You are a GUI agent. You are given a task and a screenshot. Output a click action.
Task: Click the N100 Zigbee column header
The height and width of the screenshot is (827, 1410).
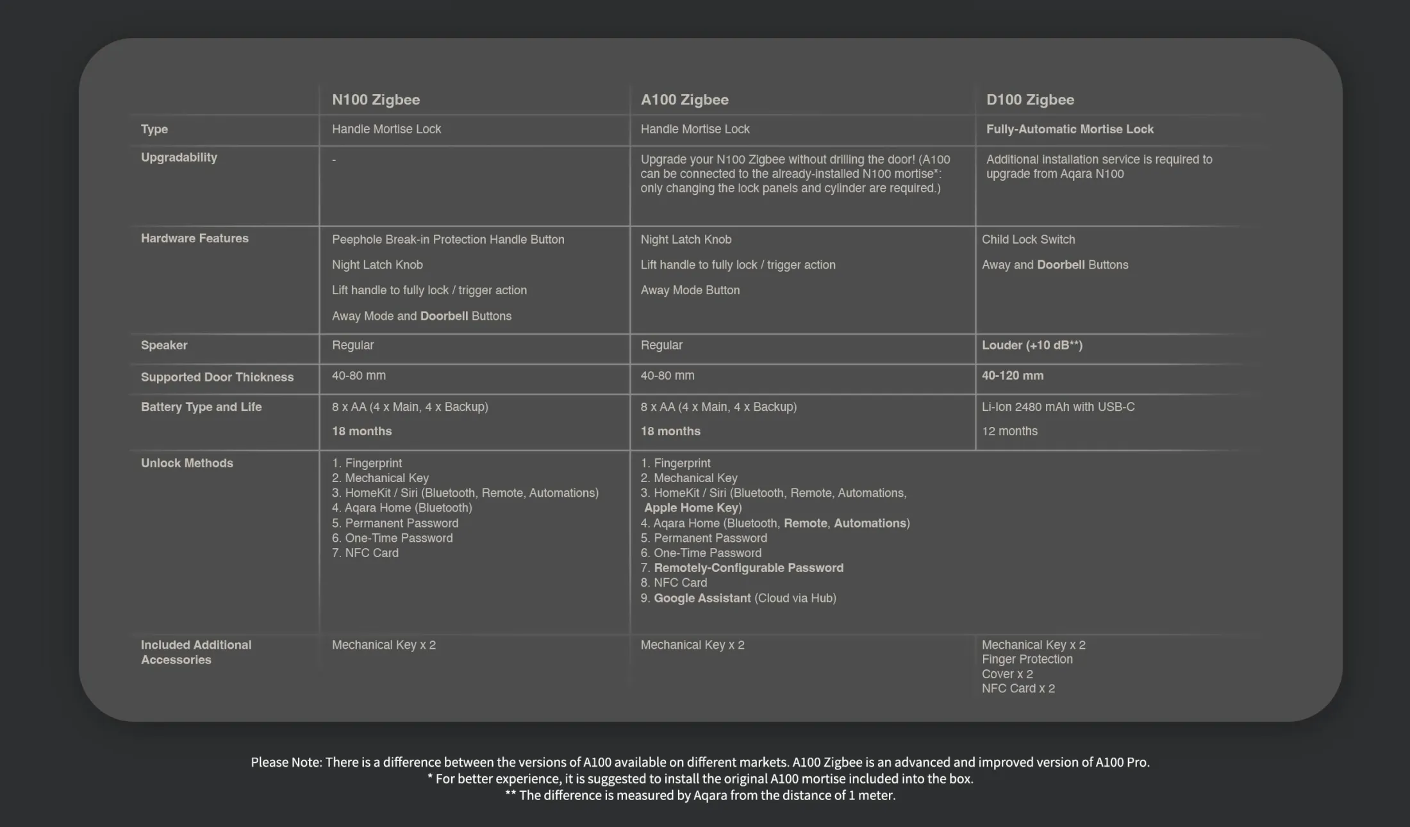point(376,100)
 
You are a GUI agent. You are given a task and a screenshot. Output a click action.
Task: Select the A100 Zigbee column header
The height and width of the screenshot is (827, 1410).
point(684,100)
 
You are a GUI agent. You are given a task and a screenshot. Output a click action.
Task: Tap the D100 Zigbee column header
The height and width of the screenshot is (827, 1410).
point(1030,100)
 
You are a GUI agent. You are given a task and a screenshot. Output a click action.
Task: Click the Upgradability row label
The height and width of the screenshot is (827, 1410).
point(179,158)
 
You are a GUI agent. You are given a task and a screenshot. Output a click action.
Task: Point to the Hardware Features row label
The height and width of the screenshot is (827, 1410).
point(194,238)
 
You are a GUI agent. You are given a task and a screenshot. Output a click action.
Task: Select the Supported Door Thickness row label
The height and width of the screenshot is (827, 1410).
point(217,378)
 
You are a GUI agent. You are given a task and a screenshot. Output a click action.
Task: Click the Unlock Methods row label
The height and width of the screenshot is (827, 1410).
point(187,464)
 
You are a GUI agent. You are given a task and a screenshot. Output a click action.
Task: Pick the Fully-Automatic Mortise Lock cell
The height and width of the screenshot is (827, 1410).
point(1070,129)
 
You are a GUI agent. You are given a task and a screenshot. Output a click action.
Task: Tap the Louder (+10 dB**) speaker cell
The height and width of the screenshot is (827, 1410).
point(1032,346)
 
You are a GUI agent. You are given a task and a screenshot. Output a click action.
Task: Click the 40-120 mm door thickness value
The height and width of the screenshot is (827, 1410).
point(1013,376)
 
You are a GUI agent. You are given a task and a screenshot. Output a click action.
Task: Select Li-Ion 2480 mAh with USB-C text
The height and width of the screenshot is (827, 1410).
point(1058,407)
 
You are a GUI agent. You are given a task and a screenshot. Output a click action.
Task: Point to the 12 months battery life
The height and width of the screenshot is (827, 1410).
point(1009,431)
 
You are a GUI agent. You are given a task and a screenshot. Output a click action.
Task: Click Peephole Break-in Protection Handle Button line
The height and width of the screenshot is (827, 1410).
point(448,240)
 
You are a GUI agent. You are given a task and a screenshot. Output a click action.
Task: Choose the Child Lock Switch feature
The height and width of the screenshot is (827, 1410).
point(1028,240)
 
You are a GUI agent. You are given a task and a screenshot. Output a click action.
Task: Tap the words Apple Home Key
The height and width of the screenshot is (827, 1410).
point(692,508)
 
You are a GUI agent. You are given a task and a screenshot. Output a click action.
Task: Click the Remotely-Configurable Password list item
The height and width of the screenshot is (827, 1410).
point(748,568)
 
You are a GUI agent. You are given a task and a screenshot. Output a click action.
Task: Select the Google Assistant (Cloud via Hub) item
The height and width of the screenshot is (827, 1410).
point(744,598)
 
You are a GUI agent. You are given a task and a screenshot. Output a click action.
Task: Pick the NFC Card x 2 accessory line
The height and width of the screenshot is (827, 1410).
point(1018,689)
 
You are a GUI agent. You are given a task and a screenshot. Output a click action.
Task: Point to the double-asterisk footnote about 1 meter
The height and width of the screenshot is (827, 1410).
point(700,796)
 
